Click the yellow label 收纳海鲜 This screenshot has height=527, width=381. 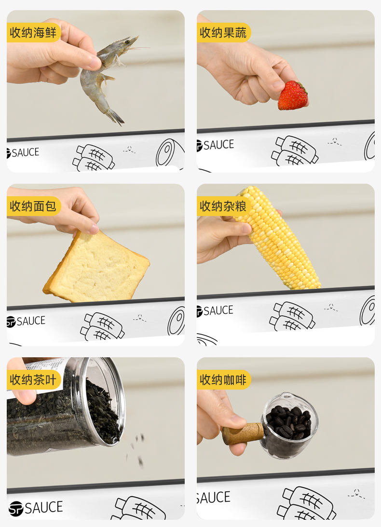click(x=33, y=33)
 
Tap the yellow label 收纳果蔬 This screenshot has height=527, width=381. click(x=223, y=33)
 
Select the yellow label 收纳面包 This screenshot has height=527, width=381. click(x=33, y=206)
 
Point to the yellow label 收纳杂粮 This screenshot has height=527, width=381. click(x=223, y=206)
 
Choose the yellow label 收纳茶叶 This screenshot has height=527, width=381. click(x=33, y=380)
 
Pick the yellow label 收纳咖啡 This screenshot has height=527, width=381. click(x=223, y=380)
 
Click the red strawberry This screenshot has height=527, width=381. click(x=293, y=95)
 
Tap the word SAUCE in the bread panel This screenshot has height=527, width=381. click(x=30, y=321)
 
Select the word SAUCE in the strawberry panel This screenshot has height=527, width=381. click(x=218, y=145)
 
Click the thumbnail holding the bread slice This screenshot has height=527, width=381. click(x=95, y=265)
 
